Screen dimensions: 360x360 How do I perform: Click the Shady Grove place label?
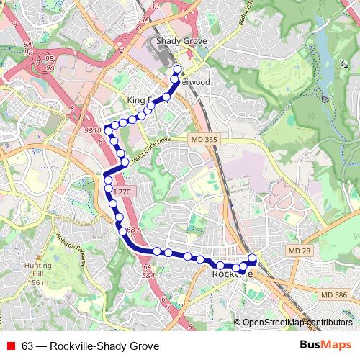(176, 42)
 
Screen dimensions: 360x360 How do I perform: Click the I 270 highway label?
(122, 192)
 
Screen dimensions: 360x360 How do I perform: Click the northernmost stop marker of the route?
(177, 70)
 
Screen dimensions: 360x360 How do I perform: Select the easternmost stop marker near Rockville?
(253, 258)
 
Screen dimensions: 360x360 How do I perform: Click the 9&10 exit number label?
(92, 130)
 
